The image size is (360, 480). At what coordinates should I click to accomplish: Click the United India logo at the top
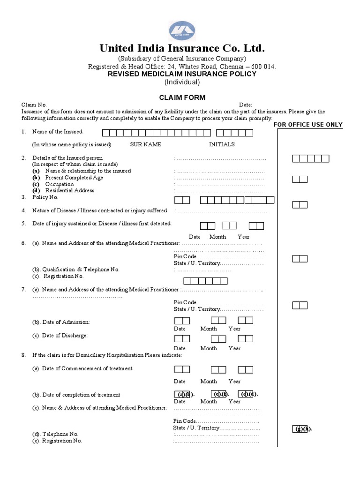[x=182, y=30]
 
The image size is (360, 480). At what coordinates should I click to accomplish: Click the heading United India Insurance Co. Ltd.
[x=182, y=48]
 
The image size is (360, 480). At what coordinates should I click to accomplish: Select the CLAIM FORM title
[x=182, y=97]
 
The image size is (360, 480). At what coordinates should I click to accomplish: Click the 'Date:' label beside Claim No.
[x=246, y=105]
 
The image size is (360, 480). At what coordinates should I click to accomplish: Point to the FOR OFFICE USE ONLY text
[x=308, y=125]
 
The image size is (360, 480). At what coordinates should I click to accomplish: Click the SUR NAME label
[x=145, y=144]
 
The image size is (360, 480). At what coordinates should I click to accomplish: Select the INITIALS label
[x=222, y=144]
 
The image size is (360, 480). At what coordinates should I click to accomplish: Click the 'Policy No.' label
[x=45, y=197]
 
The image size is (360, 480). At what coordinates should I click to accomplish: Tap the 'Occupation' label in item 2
[x=59, y=184]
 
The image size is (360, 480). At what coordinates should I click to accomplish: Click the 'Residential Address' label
[x=69, y=191]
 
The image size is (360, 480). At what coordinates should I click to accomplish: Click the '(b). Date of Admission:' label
[x=61, y=322]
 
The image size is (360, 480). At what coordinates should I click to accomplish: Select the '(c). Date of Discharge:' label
[x=60, y=336]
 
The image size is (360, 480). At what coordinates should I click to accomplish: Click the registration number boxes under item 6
[x=205, y=281]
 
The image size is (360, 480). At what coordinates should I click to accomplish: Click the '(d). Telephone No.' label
[x=55, y=434]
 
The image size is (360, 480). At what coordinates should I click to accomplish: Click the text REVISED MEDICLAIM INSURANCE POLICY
[x=182, y=74]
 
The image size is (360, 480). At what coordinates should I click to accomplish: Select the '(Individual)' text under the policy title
[x=182, y=82]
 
